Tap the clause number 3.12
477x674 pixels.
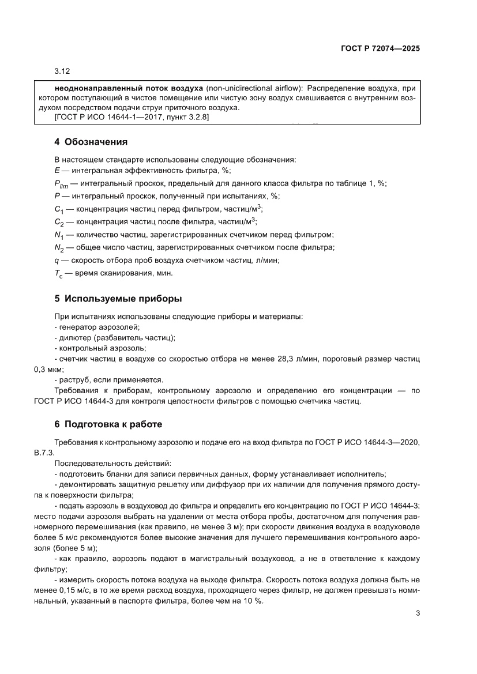click(x=62, y=71)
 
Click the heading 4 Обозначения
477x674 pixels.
click(x=91, y=142)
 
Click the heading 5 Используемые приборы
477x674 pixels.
click(x=118, y=299)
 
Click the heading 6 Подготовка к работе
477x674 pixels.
click(x=108, y=424)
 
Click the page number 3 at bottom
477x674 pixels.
click(x=417, y=613)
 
